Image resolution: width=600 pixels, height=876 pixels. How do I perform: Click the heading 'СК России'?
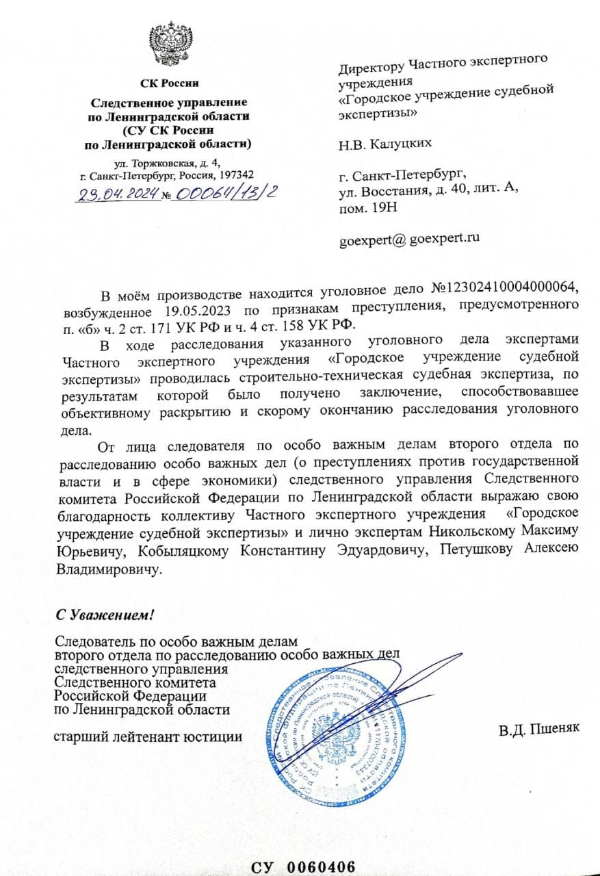pyautogui.click(x=169, y=83)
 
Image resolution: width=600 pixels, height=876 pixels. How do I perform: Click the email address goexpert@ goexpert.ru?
pyautogui.click(x=409, y=238)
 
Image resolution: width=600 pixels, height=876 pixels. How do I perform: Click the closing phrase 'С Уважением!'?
pyautogui.click(x=105, y=614)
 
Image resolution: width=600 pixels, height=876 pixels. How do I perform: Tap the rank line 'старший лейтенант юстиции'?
pyautogui.click(x=147, y=736)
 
